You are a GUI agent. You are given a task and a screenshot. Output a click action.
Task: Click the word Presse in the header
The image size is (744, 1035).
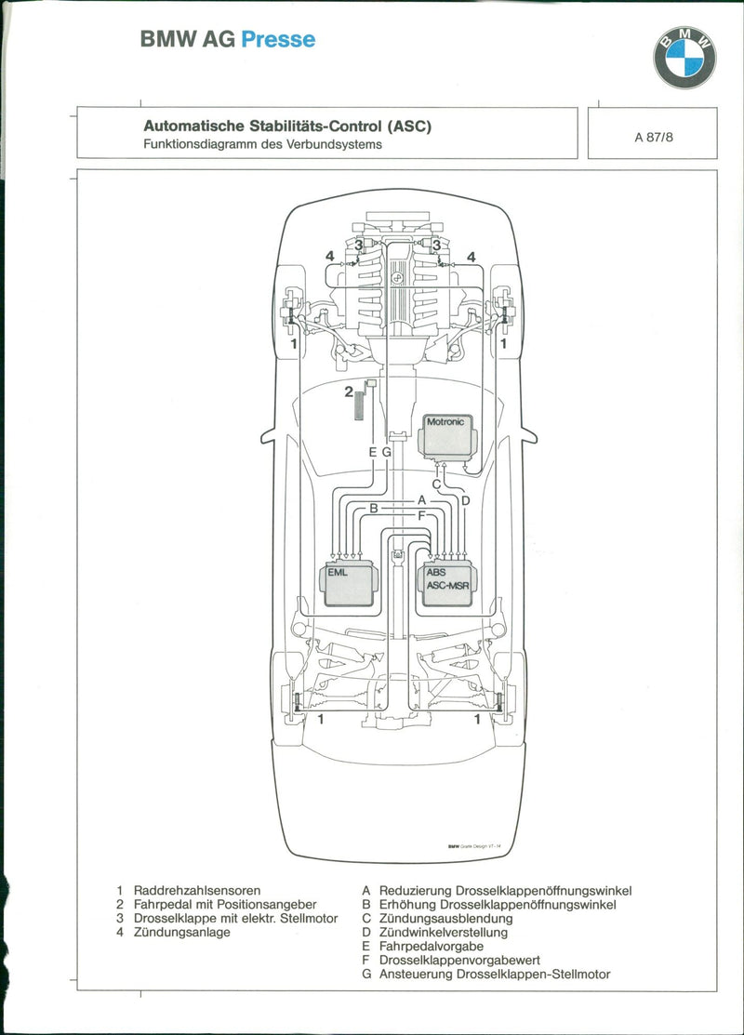pos(278,39)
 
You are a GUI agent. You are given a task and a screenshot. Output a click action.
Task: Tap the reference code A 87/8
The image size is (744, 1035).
pos(655,137)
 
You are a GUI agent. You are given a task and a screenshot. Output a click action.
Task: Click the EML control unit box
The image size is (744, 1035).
pos(349,584)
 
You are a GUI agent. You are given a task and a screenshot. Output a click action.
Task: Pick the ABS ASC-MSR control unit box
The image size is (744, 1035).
pos(449,584)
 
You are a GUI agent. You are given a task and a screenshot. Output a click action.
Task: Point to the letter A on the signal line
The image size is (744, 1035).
pos(421,498)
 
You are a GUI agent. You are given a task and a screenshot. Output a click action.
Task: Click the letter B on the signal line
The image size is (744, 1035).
pos(374,508)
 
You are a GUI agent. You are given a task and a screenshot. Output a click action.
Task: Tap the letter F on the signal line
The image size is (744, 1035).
pos(421,514)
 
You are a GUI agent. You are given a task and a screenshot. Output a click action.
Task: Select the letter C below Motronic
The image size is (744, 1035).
pos(435,484)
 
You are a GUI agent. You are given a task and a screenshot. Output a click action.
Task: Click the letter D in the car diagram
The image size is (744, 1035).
pos(465,500)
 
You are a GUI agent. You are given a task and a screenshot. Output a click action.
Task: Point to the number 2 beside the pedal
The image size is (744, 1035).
pos(348,391)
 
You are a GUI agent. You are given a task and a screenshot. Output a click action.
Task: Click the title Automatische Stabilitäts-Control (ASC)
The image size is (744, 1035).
pos(287,126)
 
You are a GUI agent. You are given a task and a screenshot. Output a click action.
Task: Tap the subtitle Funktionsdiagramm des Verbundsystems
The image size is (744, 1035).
pos(262,144)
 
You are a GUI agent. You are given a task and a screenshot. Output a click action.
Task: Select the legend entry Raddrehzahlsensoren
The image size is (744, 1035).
pos(196,890)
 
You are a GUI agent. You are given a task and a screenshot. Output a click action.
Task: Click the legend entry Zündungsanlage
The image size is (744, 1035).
pos(181,932)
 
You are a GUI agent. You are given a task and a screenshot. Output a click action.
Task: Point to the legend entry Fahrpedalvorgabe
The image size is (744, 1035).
pos(431,946)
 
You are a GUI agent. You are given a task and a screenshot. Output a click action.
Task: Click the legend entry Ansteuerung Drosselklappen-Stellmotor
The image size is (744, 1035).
pos(494,974)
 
